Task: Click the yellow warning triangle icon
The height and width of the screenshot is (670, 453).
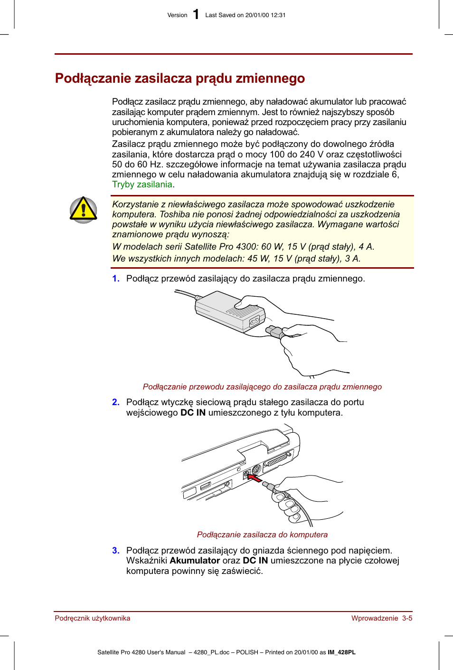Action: pos(84,210)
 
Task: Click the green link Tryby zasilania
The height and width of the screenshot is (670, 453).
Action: pos(142,184)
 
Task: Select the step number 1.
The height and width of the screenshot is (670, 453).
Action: pos(115,279)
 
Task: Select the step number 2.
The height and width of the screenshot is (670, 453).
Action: pos(115,402)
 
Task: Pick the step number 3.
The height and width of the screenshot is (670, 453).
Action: pos(115,551)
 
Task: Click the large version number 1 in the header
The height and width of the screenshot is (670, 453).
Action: pos(196,15)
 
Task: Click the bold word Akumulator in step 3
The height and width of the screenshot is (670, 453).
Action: pos(195,561)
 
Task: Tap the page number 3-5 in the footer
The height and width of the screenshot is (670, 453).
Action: pos(407,618)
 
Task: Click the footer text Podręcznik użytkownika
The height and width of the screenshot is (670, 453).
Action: pos(93,618)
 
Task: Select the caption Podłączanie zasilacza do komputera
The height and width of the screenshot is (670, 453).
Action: pos(262,534)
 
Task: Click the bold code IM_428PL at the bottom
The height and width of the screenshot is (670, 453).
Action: pos(341,652)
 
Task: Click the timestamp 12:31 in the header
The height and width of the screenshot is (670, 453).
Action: pos(278,15)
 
